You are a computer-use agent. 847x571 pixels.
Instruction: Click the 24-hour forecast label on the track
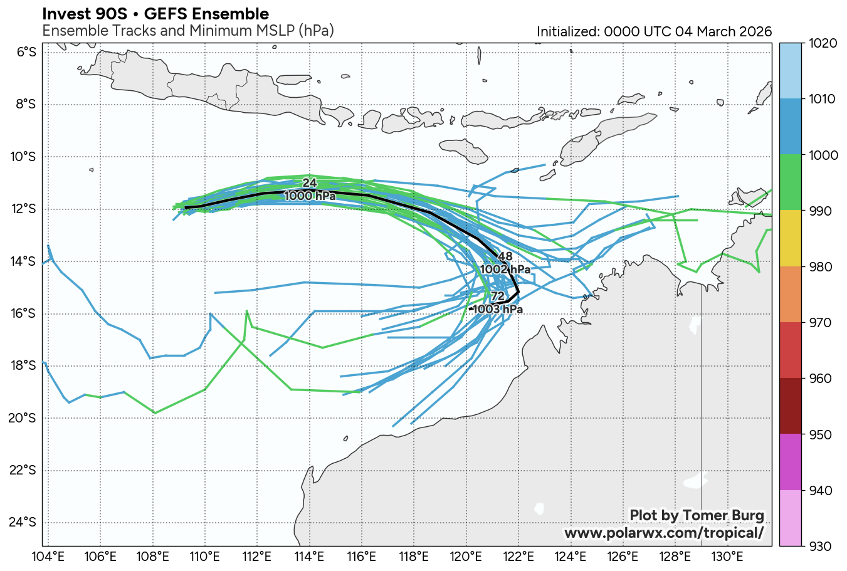click(310, 183)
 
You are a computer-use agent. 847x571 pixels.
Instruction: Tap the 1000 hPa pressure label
click(310, 196)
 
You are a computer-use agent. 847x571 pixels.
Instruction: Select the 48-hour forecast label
click(505, 256)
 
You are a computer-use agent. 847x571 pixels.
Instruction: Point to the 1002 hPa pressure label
click(505, 270)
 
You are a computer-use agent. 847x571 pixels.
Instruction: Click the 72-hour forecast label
click(498, 296)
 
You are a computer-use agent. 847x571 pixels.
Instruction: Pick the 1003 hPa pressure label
click(498, 310)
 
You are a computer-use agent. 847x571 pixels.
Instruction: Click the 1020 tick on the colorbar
click(823, 43)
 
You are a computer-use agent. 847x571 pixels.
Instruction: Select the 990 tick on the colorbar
click(823, 211)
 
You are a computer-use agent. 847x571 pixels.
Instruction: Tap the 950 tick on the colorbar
click(823, 435)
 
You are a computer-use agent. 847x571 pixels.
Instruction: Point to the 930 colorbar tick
click(823, 547)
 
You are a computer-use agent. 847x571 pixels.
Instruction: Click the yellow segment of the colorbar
click(790, 239)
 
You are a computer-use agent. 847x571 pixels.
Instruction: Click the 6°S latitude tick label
click(26, 52)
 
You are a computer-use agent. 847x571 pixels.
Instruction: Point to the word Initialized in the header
click(567, 32)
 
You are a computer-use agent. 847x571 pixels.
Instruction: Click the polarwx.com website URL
click(664, 533)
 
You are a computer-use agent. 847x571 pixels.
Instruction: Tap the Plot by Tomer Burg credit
click(697, 516)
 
